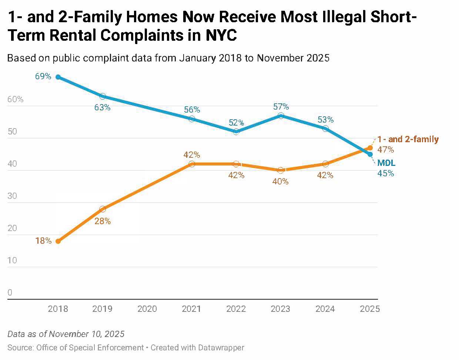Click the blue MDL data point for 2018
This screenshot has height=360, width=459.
58,77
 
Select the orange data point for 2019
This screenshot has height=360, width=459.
103,209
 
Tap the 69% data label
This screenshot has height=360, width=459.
43,76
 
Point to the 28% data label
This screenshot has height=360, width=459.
103,221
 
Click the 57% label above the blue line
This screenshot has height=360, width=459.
281,107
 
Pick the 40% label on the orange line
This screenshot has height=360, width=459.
280,181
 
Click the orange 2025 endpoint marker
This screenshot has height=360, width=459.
370,148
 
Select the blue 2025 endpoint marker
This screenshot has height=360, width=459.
370,154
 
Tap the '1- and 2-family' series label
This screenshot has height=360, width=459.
408,140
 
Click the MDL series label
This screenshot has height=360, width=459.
386,163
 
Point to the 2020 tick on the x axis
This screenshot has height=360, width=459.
147,309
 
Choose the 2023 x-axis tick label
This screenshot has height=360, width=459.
281,309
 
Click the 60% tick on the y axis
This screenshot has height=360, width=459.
15,99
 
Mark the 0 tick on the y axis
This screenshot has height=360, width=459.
10,293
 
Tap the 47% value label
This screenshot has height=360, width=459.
385,150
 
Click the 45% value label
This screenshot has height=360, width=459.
385,173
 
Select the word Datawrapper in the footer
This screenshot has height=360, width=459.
221,347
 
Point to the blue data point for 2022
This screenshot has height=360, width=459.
236,131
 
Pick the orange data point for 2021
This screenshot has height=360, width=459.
192,164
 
